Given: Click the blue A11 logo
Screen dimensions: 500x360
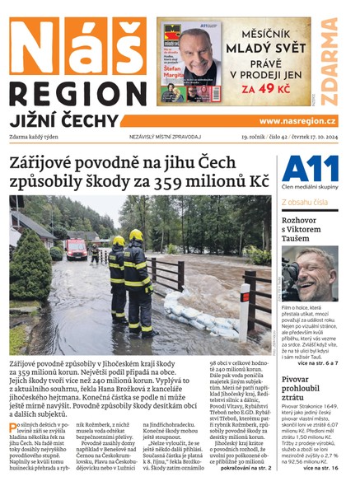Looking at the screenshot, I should pos(309,170).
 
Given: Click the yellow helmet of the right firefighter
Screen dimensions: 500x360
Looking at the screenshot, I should pos(136,235).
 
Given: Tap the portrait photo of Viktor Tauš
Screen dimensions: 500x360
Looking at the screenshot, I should pos(310,273).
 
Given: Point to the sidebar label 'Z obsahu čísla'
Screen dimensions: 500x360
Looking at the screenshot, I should pos(307,201).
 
